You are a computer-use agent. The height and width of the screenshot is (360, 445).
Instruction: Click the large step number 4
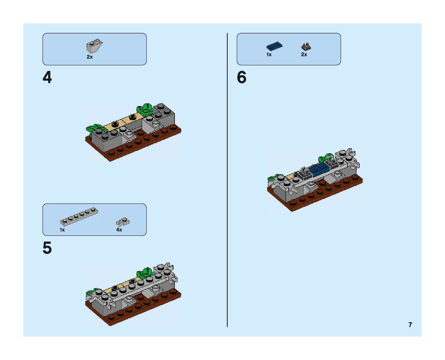point(47,78)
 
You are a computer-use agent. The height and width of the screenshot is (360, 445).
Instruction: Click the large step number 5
point(47,248)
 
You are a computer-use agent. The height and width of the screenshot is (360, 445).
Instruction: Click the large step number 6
point(241,78)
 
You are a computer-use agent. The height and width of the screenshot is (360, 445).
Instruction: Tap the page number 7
point(410,325)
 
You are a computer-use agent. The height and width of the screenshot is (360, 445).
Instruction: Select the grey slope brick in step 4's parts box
point(94,46)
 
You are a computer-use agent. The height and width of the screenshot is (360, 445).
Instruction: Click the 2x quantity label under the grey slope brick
point(90,57)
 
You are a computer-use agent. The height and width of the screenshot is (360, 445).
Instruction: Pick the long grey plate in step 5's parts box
point(79,217)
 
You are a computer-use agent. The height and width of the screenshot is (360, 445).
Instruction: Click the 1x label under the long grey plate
point(62,230)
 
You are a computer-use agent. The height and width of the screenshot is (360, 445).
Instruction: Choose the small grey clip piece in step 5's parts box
point(123,222)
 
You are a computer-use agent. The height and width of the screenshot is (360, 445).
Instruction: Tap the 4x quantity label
point(119,230)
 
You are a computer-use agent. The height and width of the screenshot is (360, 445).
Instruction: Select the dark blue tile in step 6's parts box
point(274,46)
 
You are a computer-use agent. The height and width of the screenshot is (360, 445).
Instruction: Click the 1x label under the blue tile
point(269,54)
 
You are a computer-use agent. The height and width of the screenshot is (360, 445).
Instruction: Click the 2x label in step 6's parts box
point(304,54)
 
